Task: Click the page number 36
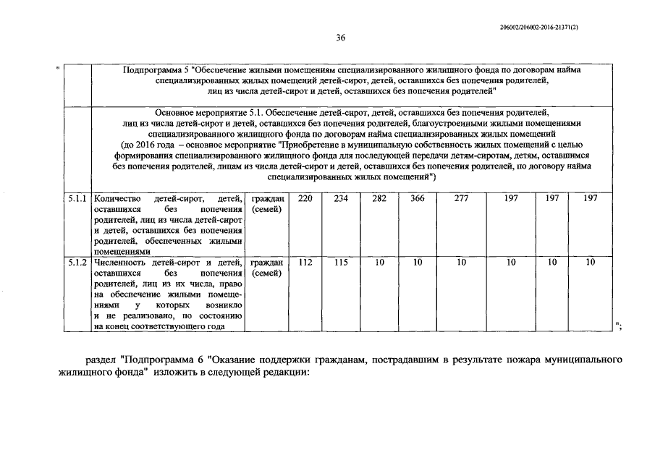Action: pyautogui.click(x=339, y=38)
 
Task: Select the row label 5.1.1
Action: pyautogui.click(x=77, y=198)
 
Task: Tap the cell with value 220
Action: pyautogui.click(x=305, y=198)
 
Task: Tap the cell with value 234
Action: pyautogui.click(x=341, y=198)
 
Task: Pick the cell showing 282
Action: pyautogui.click(x=379, y=198)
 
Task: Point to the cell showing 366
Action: pyautogui.click(x=417, y=198)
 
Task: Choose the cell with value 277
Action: pyautogui.click(x=461, y=198)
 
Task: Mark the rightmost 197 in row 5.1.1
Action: pyautogui.click(x=591, y=198)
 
